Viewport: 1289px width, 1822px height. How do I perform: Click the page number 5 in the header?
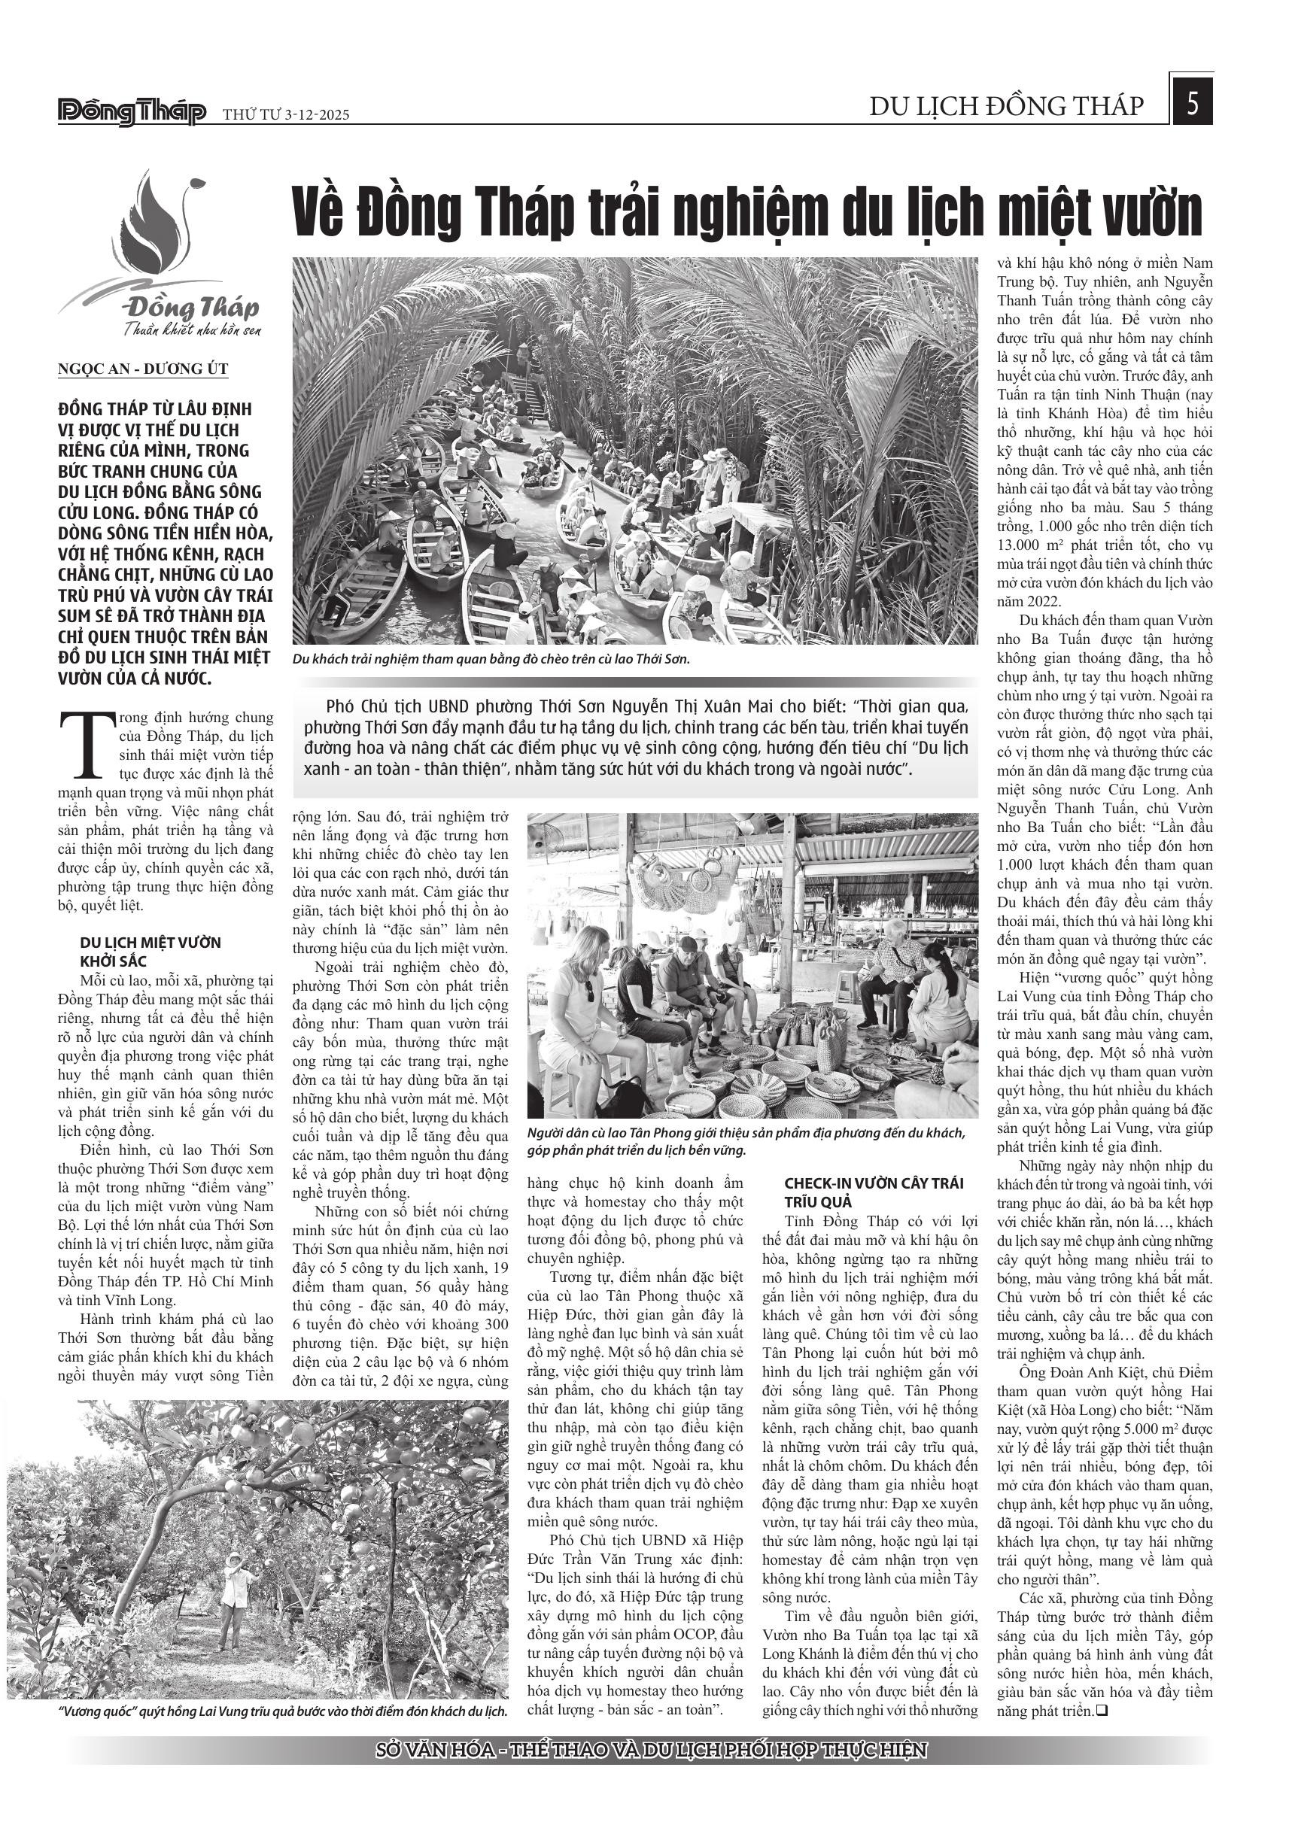pos(1191,104)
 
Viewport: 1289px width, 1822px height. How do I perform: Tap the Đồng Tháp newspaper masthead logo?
pos(132,113)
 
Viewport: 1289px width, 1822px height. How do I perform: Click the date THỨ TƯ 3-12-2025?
pos(286,115)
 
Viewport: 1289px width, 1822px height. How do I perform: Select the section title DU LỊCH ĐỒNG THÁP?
pos(1006,106)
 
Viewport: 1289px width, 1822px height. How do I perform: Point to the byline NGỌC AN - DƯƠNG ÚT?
pos(143,370)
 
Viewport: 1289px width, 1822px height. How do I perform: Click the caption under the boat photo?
pos(492,660)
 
